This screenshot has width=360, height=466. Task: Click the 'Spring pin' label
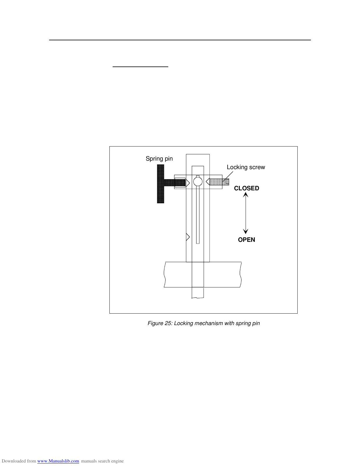pos(159,159)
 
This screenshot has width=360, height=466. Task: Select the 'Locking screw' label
pos(246,167)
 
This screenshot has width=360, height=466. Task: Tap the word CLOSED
pos(246,188)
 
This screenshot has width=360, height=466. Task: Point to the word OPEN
pos(246,240)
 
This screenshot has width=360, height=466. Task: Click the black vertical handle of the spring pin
pos(161,184)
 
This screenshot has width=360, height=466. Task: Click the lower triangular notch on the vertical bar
pos(188,237)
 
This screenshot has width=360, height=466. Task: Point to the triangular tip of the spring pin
pos(188,183)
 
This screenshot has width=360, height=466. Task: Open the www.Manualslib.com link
pos(58,461)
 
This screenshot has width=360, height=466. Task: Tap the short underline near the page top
pos(140,67)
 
